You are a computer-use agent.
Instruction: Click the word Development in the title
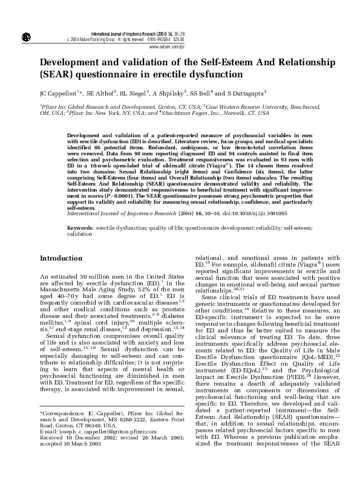tap(76, 63)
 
